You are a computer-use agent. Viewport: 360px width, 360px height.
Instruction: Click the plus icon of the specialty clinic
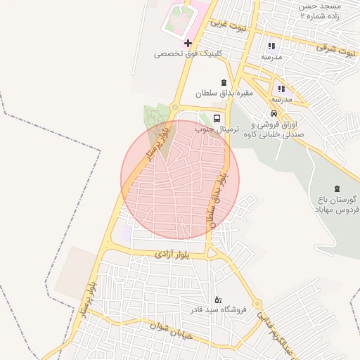tap(188, 44)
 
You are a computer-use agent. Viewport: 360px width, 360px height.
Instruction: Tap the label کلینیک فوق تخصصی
tap(188, 53)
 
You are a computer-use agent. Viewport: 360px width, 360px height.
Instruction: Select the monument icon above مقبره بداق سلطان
tap(224, 83)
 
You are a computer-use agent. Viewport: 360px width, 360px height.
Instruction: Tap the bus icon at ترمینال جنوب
tap(217, 120)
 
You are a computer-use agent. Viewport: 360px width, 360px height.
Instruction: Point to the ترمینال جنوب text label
tap(217, 129)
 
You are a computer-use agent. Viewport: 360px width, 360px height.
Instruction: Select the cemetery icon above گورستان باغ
tap(337, 188)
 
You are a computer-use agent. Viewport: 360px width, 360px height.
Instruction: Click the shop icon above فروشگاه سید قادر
tap(217, 300)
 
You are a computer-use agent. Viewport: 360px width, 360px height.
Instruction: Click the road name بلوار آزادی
tap(172, 252)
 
